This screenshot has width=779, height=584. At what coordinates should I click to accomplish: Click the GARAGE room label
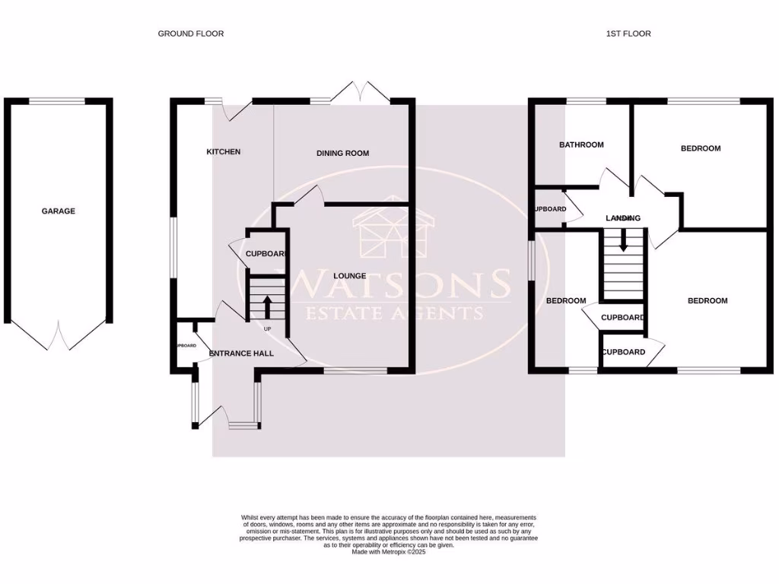[58, 211]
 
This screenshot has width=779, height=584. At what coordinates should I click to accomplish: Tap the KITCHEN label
[223, 152]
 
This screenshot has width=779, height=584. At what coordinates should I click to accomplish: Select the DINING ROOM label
[342, 153]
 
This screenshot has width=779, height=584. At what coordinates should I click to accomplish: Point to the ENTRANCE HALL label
[241, 354]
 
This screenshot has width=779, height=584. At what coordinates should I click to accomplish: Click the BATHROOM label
[581, 144]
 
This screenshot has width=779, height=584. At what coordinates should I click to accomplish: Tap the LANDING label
[623, 218]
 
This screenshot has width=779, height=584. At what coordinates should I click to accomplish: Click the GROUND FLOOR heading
[190, 33]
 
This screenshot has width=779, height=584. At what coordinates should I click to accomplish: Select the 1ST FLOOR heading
[628, 33]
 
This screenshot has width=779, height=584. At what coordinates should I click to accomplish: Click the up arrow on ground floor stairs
[267, 308]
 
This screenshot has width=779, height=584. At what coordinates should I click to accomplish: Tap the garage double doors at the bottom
[58, 336]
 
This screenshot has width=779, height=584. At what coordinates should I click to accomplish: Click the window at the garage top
[57, 100]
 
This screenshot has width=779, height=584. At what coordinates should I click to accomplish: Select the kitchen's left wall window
[171, 249]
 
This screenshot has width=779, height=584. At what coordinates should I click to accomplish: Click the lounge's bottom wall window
[355, 371]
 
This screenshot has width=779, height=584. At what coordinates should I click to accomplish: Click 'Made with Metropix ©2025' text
[389, 553]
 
